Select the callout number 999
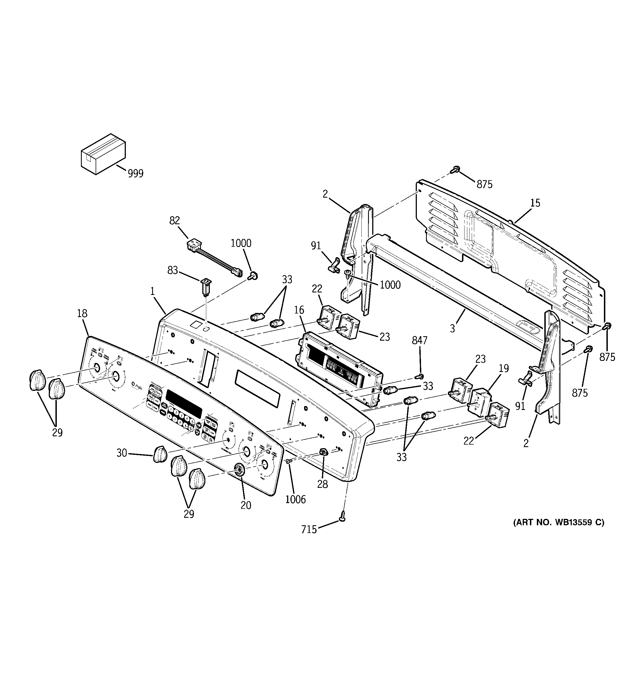(x=135, y=173)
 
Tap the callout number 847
(x=419, y=341)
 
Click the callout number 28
(x=322, y=484)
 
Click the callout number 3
(x=452, y=328)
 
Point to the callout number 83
(x=173, y=270)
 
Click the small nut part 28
(x=323, y=452)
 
